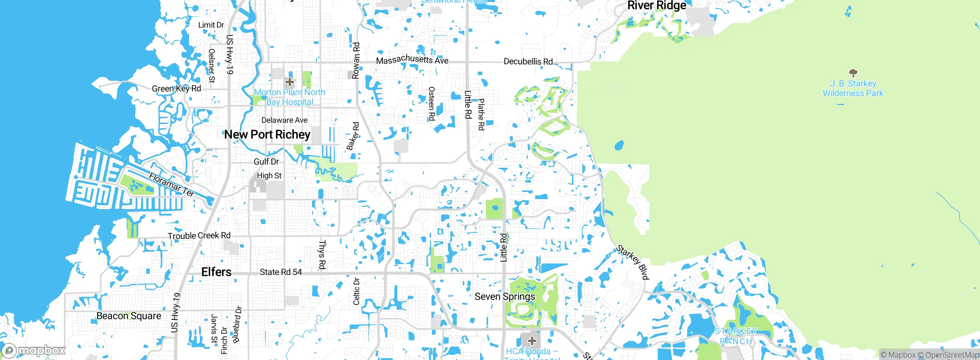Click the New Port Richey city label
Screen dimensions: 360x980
coord(267,134)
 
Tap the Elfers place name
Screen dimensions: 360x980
coord(216,272)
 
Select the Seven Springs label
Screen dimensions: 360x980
coord(505,296)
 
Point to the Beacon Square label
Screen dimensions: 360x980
coord(129,316)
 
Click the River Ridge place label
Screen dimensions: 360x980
coord(657,5)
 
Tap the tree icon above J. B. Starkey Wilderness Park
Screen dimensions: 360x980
coord(853,73)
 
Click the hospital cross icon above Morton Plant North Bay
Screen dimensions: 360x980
coord(290,82)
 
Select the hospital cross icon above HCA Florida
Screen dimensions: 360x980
coord(532,340)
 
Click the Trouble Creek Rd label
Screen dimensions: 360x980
coord(199,236)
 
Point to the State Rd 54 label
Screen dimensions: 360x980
coord(281,272)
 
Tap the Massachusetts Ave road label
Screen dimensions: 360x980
coord(412,60)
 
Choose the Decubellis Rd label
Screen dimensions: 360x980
coord(528,61)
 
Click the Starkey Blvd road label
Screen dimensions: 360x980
coord(632,262)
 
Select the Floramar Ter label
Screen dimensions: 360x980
coord(171,185)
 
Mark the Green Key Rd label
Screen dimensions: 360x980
coord(176,88)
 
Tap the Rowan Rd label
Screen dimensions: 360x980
coord(356,61)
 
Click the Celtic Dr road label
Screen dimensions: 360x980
coord(356,291)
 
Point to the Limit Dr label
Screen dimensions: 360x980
coord(211,25)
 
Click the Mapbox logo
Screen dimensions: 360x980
coord(34,350)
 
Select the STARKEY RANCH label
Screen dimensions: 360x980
coord(736,336)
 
